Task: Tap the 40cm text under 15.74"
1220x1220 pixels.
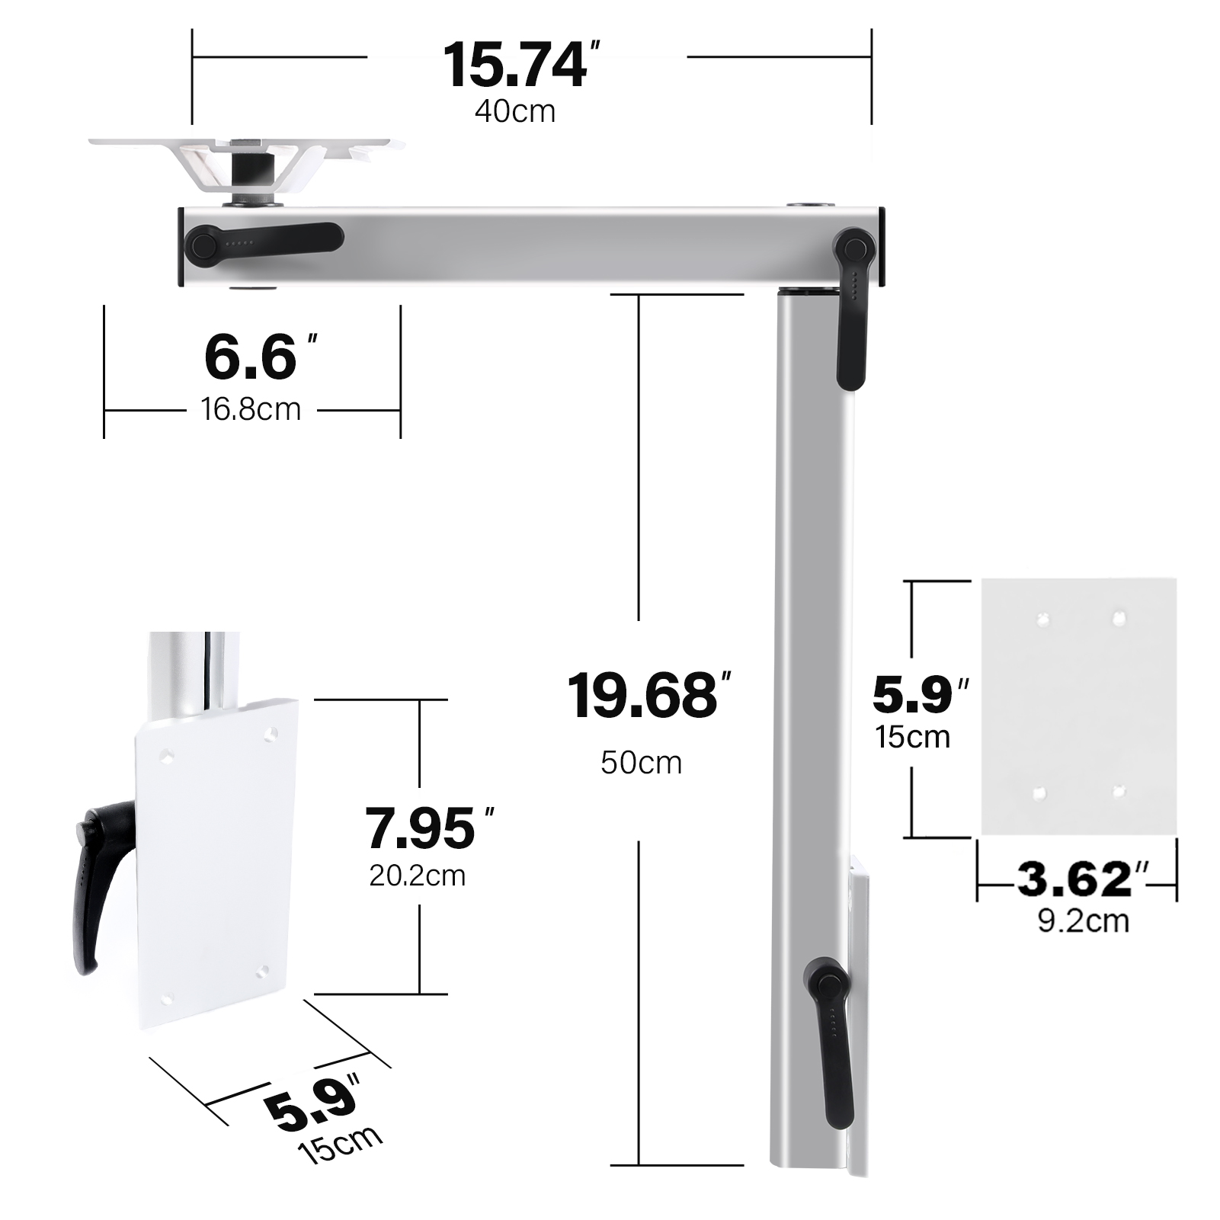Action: click(515, 111)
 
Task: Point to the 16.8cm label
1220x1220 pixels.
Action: click(251, 409)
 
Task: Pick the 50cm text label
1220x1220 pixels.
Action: click(641, 762)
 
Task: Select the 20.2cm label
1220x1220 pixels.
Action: click(417, 876)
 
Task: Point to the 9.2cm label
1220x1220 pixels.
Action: click(1083, 921)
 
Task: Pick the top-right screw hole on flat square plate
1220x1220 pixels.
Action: click(1118, 618)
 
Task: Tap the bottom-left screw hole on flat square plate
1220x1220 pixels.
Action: click(1039, 793)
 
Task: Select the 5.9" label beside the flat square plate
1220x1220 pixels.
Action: click(918, 694)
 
